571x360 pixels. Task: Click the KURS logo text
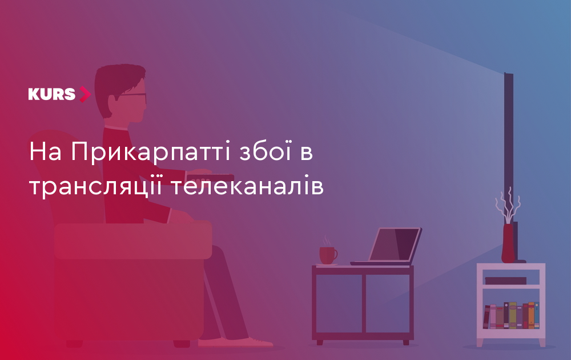pyautogui.click(x=52, y=94)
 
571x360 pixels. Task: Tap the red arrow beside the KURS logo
pyautogui.click(x=85, y=94)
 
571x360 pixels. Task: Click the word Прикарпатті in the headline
pyautogui.click(x=150, y=152)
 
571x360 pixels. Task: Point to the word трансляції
pyautogui.click(x=95, y=186)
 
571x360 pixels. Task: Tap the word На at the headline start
pyautogui.click(x=45, y=151)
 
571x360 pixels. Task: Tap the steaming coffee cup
pyautogui.click(x=328, y=255)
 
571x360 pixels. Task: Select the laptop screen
pyautogui.click(x=395, y=244)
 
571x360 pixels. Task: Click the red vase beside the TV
pyautogui.click(x=508, y=243)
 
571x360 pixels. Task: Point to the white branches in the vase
pyautogui.click(x=508, y=205)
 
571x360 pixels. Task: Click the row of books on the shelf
pyautogui.click(x=511, y=315)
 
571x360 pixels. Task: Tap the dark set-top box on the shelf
pyautogui.click(x=505, y=281)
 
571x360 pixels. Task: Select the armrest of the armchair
pyautogui.click(x=133, y=240)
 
